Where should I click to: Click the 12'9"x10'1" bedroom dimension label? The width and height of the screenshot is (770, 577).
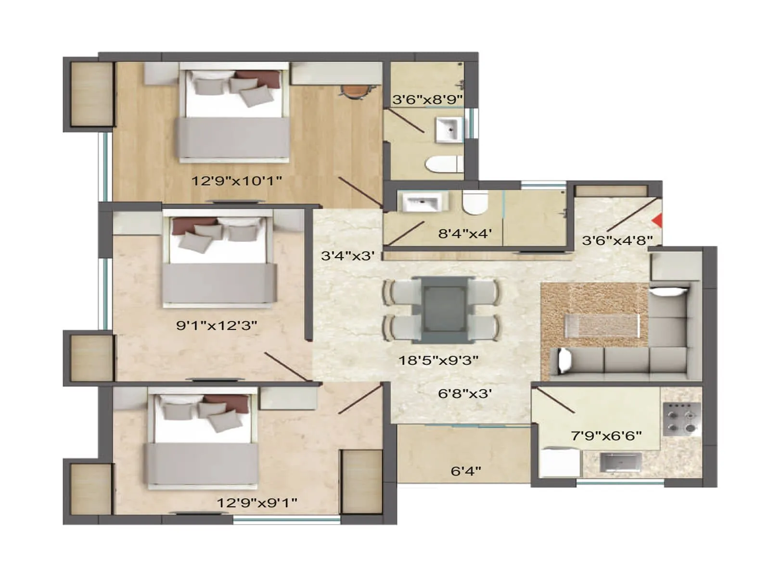[237, 181]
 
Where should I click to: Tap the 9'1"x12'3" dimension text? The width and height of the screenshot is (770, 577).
[217, 326]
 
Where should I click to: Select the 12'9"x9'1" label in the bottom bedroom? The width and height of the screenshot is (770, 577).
[257, 503]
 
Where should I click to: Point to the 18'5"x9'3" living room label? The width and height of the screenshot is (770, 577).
[438, 360]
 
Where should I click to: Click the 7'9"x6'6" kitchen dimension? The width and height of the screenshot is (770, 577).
[606, 436]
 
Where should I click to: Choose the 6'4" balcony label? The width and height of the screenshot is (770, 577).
[465, 471]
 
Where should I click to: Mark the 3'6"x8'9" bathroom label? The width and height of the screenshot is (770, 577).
[427, 100]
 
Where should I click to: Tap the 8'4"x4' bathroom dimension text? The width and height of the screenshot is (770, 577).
[465, 234]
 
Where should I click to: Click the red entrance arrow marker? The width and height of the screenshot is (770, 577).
[657, 220]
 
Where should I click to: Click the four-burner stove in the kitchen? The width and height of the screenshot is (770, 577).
[681, 418]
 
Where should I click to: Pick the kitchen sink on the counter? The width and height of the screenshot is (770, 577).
[620, 463]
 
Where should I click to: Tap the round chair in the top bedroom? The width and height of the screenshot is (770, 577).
[355, 92]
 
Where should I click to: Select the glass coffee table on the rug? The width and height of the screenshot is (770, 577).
[602, 325]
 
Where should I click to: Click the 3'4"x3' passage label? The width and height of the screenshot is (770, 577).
[347, 256]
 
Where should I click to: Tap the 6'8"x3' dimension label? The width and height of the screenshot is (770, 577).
[464, 394]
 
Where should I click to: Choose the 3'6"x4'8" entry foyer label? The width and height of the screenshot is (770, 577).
[617, 240]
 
